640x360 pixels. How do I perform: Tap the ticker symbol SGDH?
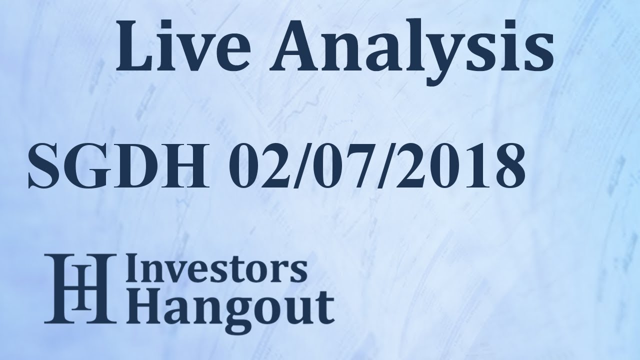[117, 164]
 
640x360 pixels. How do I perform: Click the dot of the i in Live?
[168, 25]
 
